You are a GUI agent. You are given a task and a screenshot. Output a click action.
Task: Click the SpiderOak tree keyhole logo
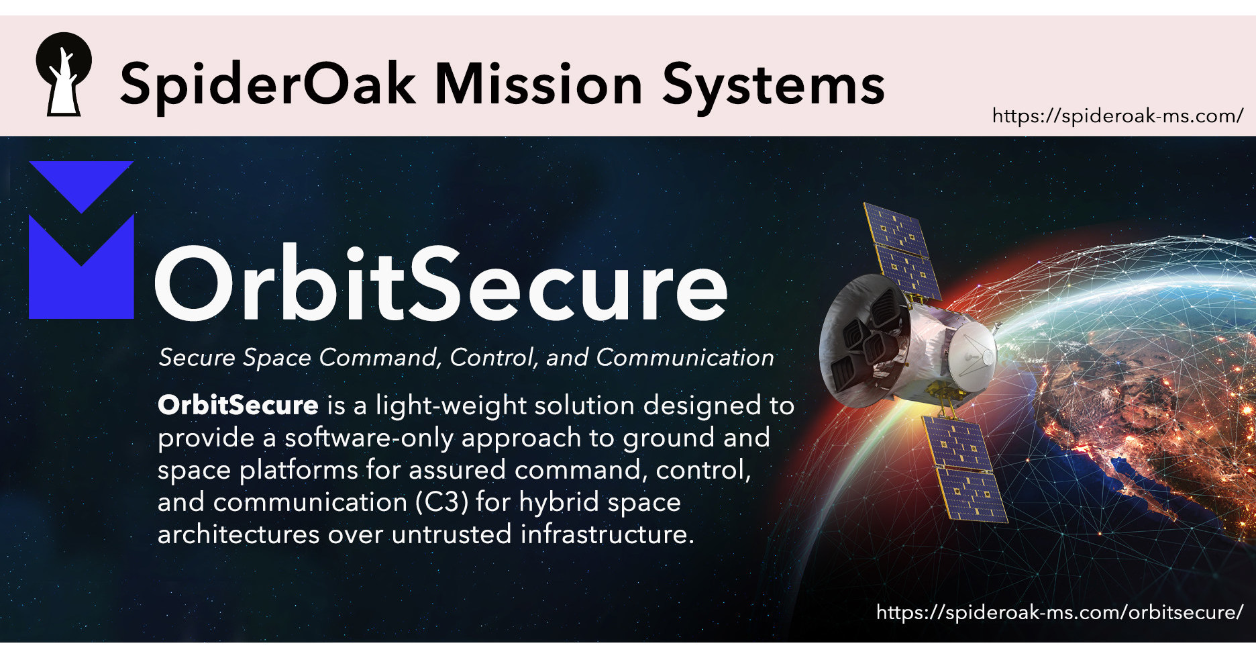pyautogui.click(x=63, y=74)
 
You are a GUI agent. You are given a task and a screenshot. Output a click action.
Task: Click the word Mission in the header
pyautogui.click(x=539, y=85)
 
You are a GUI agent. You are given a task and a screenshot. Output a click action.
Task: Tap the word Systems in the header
pyautogui.click(x=774, y=86)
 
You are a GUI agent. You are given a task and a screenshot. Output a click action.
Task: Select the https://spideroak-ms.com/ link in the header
pyautogui.click(x=1117, y=116)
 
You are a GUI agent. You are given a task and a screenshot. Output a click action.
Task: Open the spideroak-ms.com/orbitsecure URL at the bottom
pyautogui.click(x=1059, y=612)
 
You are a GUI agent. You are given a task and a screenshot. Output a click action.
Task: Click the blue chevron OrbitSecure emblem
pyautogui.click(x=81, y=240)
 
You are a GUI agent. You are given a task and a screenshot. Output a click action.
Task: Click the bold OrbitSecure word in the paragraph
pyautogui.click(x=238, y=406)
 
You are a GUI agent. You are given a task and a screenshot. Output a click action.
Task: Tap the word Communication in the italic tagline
pyautogui.click(x=684, y=358)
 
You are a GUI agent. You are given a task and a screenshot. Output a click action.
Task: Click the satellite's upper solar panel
pyautogui.click(x=900, y=251)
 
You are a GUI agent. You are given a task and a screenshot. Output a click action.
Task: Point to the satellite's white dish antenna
pyautogui.click(x=970, y=350)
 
